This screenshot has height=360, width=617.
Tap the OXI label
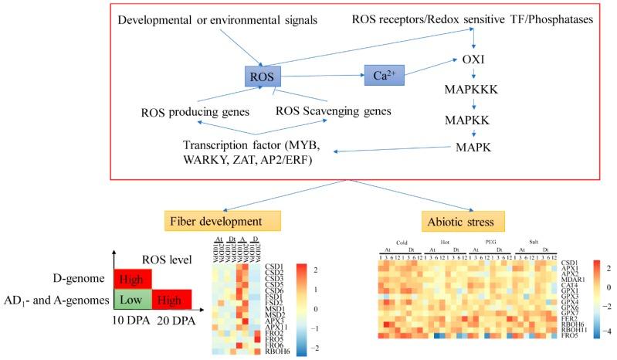[473, 59]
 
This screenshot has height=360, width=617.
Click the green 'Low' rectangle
[134, 297]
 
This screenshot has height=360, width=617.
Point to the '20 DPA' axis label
[175, 320]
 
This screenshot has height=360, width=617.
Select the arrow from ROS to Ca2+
[323, 76]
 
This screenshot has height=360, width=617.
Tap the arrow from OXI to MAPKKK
[473, 74]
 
